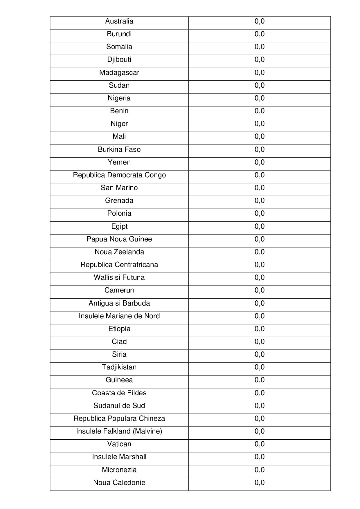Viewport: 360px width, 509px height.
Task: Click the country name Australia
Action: [x=119, y=21]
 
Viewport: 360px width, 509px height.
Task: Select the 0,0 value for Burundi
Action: [x=259, y=34]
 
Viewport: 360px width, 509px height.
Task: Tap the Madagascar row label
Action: [x=119, y=73]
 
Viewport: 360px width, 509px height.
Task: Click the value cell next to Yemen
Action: [x=259, y=162]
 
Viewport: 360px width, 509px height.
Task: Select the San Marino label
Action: [x=119, y=188]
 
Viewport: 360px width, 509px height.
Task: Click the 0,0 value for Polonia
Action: [x=259, y=213]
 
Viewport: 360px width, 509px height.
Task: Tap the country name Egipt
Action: [x=119, y=226]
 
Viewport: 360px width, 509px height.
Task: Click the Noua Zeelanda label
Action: [x=119, y=252]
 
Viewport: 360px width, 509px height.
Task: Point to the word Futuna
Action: [x=133, y=277]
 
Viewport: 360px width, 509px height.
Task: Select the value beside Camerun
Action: [x=259, y=290]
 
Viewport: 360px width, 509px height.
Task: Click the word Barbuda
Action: [x=136, y=303]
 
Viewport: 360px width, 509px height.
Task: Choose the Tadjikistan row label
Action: [x=119, y=367]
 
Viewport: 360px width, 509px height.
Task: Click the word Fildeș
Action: [x=136, y=393]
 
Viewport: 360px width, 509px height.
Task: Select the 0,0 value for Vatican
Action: [x=259, y=444]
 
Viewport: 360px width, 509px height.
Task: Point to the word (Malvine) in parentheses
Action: [x=147, y=431]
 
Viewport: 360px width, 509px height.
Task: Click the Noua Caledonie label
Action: [x=119, y=483]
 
